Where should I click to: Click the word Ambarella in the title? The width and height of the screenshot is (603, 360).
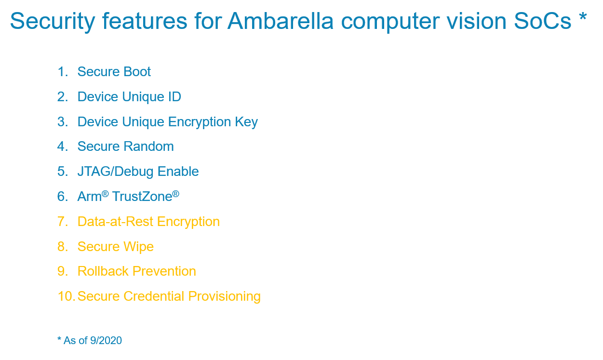[x=281, y=21]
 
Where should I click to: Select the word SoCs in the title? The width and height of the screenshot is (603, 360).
[x=542, y=21]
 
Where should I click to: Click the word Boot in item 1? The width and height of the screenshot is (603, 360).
[x=137, y=72]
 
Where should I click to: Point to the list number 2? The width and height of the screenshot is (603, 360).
[x=63, y=96]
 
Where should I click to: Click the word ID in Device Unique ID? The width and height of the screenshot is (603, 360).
[x=174, y=96]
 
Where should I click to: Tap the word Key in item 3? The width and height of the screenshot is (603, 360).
[x=246, y=122]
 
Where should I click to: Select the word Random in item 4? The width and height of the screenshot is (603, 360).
[x=148, y=147]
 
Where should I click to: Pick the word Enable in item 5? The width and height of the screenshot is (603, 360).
[x=178, y=172]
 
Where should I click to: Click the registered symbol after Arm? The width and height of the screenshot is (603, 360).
[x=105, y=193]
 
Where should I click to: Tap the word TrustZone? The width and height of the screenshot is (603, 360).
[x=142, y=197]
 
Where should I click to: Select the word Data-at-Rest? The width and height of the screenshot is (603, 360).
[x=115, y=222]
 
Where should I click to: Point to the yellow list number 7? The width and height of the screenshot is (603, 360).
[x=63, y=222]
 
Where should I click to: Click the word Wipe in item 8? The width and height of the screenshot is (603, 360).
[x=139, y=247]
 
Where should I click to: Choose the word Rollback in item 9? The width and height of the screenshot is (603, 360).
[x=103, y=271]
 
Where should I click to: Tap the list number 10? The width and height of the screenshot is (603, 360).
[x=66, y=296]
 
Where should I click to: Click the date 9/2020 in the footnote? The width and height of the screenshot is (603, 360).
[x=106, y=341]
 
